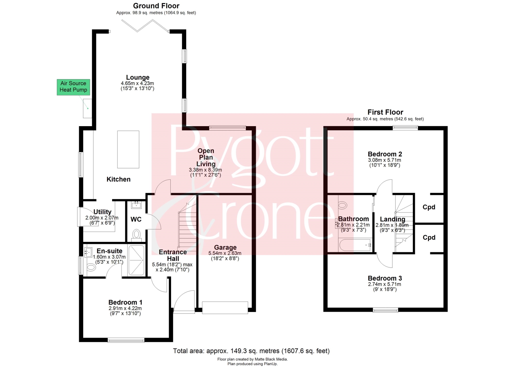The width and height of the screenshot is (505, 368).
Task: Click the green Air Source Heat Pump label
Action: pyautogui.click(x=73, y=87)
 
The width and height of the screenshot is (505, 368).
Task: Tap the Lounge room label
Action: pyautogui.click(x=137, y=78)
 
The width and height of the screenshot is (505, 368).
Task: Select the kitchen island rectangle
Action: pyautogui.click(x=128, y=149)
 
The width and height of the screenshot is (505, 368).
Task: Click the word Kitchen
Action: pyautogui.click(x=119, y=179)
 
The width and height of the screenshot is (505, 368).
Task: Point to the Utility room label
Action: pyautogui.click(x=102, y=212)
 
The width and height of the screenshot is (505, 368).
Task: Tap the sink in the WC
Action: pyautogui.click(x=136, y=205)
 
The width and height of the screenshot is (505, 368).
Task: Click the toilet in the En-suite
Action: pyautogui.click(x=91, y=267)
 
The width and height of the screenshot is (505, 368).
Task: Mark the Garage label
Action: pyautogui.click(x=225, y=247)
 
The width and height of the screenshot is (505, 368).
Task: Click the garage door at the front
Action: pyautogui.click(x=225, y=308)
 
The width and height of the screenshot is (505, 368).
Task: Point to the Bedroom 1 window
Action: pyautogui.click(x=126, y=340)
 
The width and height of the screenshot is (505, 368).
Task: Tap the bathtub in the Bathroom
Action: pyautogui.click(x=355, y=245)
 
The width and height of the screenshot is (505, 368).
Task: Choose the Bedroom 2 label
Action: pyautogui.click(x=385, y=154)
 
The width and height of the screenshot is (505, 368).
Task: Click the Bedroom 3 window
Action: pyautogui.click(x=385, y=310)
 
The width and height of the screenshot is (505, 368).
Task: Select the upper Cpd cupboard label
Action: pyautogui.click(x=429, y=207)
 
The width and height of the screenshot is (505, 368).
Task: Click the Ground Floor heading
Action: pyautogui.click(x=156, y=6)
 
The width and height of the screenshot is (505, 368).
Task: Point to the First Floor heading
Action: pyautogui.click(x=385, y=112)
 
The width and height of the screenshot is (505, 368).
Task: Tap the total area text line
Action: pyautogui.click(x=251, y=351)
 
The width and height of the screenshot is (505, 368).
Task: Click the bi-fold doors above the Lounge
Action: pyautogui.click(x=145, y=26)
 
